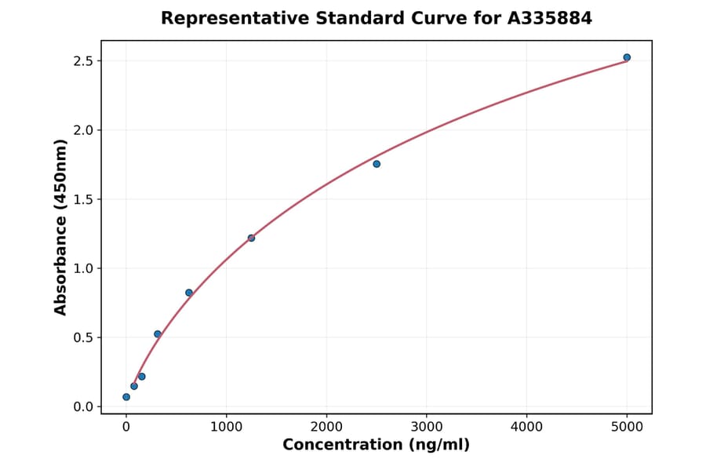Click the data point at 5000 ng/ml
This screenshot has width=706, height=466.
627,57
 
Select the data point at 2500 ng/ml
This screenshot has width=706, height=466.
377,164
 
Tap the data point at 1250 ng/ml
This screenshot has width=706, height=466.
251,238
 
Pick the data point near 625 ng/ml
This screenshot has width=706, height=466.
189,293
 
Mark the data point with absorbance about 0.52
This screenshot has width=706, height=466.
158,334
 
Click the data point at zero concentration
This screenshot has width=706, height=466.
126,397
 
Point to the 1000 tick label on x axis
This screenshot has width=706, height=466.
226,427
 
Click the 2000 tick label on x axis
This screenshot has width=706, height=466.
326,427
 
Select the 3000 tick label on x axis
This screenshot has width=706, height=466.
426,427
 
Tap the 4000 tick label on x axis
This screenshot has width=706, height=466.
526,427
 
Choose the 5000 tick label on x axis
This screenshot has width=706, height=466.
627,427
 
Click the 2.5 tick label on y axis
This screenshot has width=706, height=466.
82,61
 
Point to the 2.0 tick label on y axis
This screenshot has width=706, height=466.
82,130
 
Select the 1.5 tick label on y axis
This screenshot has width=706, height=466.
82,199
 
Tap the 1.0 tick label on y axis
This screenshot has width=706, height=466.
82,268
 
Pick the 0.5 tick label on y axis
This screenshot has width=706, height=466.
82,337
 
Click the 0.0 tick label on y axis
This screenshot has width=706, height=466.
82,406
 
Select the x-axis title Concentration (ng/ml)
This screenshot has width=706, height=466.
376,446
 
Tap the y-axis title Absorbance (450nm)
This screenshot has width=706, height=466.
60,228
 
